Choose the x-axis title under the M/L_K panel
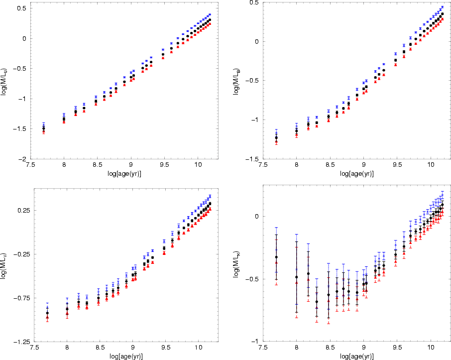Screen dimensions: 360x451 pos(357,357)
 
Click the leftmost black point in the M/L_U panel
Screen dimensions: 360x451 pos(44,128)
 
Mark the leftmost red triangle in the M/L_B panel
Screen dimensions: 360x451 pos(276,141)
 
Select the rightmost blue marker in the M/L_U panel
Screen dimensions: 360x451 pos(210,14)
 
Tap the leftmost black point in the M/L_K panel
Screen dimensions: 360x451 pos(276,257)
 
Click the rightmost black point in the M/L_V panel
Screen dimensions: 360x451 pos(210,204)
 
